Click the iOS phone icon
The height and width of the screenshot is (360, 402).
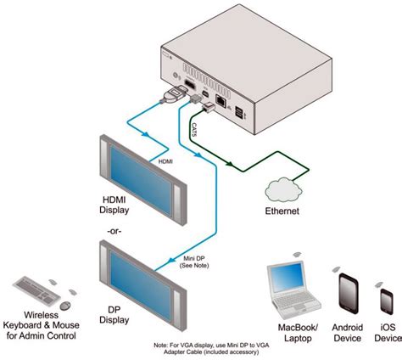387,302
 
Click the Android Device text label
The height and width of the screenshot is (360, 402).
346,332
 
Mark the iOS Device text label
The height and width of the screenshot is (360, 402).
387,332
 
